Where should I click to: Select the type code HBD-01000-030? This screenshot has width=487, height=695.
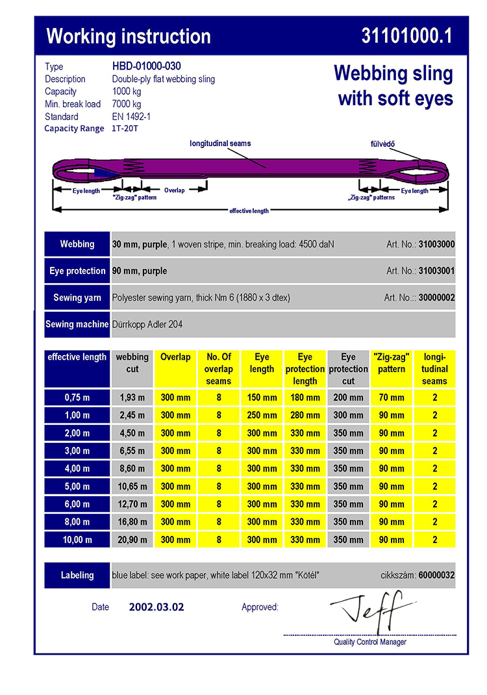click(146, 66)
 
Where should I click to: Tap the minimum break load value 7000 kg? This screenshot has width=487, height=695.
click(127, 104)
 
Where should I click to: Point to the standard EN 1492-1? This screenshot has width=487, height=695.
click(132, 117)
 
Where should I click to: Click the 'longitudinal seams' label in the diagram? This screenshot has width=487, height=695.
click(220, 143)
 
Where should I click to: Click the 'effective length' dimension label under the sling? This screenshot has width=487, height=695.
click(249, 210)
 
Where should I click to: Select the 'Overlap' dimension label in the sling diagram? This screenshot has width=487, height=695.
click(174, 190)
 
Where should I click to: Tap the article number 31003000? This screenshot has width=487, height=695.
click(436, 244)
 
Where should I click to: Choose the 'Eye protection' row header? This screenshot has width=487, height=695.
click(77, 271)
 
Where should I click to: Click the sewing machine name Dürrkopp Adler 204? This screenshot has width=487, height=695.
click(152, 324)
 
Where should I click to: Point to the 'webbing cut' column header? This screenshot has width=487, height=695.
click(132, 363)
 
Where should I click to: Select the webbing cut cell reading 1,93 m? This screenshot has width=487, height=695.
click(132, 398)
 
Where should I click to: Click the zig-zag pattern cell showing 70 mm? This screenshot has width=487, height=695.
click(392, 398)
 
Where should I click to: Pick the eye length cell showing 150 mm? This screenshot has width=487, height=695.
click(262, 398)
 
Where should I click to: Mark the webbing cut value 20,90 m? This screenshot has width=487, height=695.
click(132, 540)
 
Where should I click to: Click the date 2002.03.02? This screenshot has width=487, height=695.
click(156, 607)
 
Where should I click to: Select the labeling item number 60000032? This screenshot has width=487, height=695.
click(436, 575)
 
